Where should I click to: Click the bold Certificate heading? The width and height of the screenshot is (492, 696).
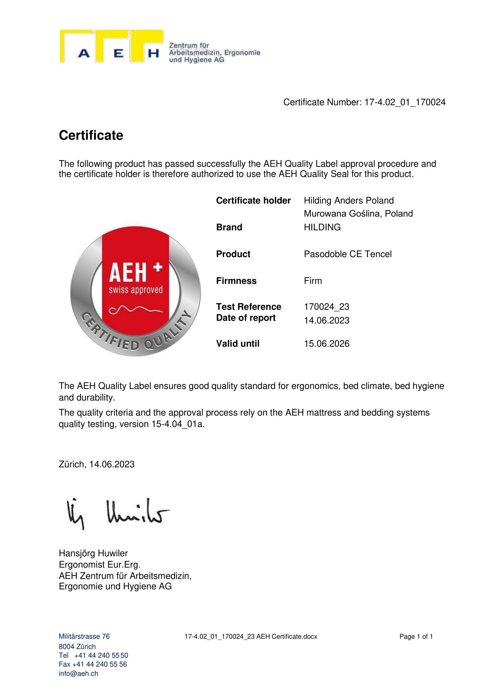[x=91, y=135]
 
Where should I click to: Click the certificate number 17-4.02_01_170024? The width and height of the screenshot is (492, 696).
[x=405, y=102]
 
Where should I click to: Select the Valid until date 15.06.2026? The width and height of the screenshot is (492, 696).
[x=327, y=343]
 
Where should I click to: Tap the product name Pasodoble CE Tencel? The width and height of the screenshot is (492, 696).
[x=348, y=254]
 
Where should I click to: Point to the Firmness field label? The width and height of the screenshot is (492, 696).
[x=236, y=281]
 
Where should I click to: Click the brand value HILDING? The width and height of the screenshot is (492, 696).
[x=322, y=227]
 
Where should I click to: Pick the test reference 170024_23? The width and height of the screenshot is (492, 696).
[x=327, y=307]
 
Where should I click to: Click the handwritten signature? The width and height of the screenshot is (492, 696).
[x=118, y=513]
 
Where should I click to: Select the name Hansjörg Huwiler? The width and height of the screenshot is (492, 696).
[x=93, y=553]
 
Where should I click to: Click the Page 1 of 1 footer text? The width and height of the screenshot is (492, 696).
[x=416, y=636]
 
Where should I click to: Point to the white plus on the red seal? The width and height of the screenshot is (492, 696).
[x=158, y=267]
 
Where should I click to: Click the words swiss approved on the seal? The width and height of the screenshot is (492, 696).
[x=136, y=290]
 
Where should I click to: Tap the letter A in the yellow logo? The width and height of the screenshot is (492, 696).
[x=84, y=54]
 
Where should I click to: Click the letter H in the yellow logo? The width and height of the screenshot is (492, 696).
[x=153, y=54]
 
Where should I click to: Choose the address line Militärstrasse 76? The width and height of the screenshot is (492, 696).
[x=84, y=636]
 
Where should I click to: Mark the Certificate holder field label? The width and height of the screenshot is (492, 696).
[x=253, y=200]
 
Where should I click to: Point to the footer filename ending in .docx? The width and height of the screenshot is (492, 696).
[x=251, y=636]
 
